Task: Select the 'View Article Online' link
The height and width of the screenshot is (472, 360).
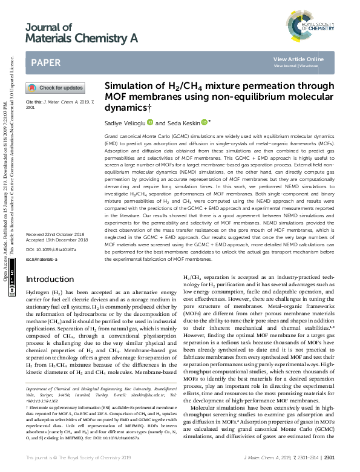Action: tap(298, 59)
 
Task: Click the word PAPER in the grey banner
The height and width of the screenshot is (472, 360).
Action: tap(45, 62)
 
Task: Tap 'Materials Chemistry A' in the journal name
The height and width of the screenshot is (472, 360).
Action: tap(82, 39)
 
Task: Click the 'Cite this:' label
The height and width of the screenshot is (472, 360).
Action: tap(33, 102)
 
